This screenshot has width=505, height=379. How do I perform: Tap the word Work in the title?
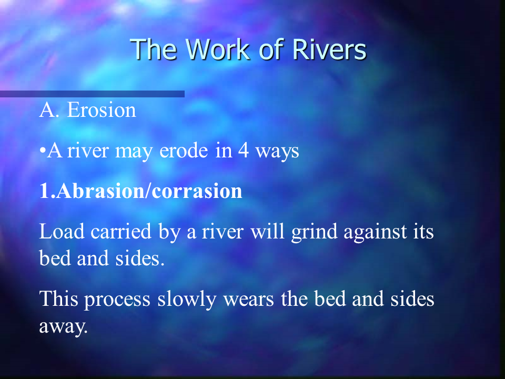point(217,49)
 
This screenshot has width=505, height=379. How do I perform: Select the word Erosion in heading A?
point(102,110)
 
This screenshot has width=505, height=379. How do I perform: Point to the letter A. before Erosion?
point(49,110)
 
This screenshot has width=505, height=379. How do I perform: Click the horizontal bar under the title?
point(92,94)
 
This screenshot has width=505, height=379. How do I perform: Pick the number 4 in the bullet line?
point(244,151)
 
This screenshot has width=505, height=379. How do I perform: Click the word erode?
point(184,151)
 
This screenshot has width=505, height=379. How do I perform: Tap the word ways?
point(277,152)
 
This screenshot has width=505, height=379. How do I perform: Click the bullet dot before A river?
point(43,151)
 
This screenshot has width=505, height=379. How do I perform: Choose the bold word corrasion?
point(197,192)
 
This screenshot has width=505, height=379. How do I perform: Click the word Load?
point(62,232)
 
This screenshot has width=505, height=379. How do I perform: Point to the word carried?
point(121,232)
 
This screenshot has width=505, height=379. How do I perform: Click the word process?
point(117,300)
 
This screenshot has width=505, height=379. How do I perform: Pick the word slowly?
point(186,300)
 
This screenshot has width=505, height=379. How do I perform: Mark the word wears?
point(248,300)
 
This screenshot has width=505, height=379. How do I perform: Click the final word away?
point(64,327)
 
